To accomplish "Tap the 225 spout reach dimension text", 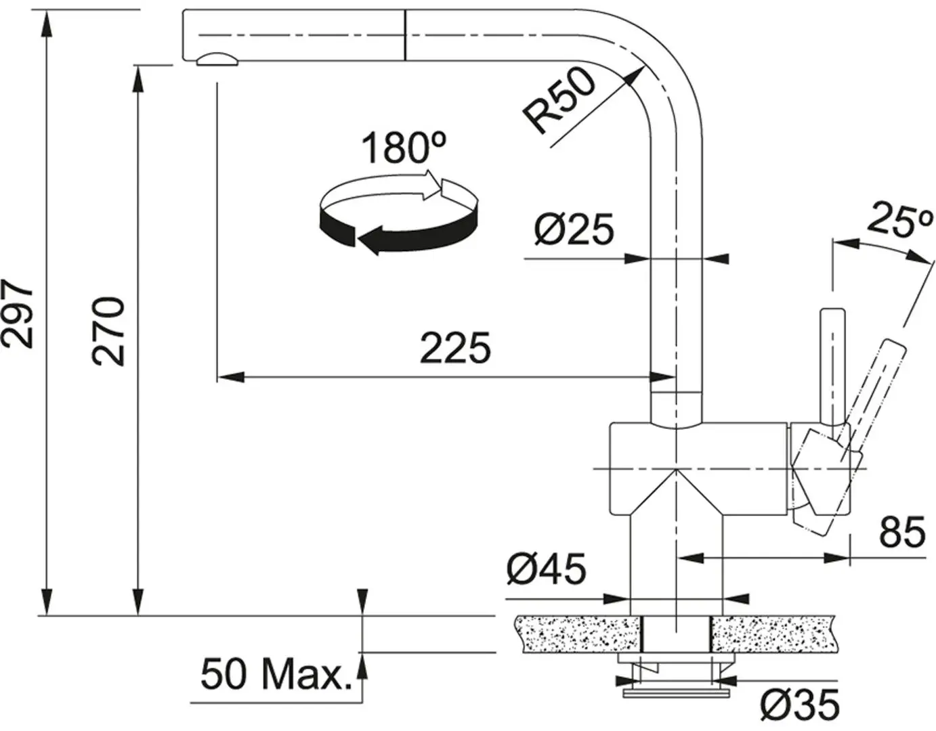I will pos(455,349).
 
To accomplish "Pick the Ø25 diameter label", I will pos(574,229).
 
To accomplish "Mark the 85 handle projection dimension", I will pos(901,532).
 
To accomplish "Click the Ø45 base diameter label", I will pos(546,569).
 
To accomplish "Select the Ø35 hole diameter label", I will pos(799,705).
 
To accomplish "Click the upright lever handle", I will pos(832,365).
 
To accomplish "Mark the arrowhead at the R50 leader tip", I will pos(635,76).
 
